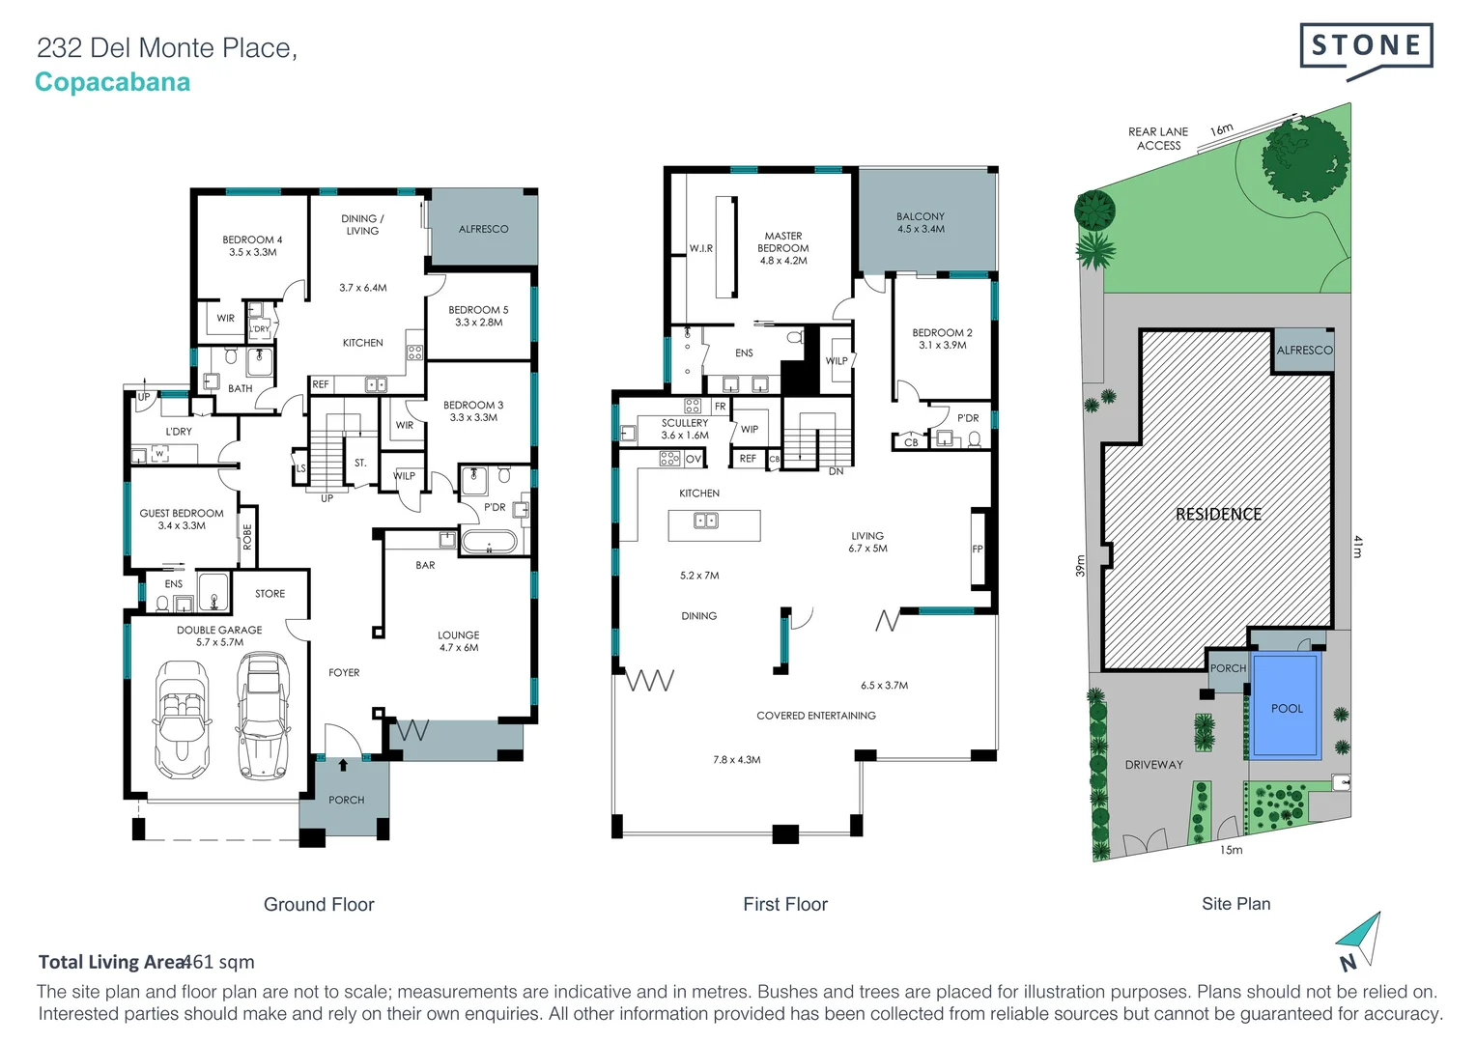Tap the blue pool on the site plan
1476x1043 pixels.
pos(1286,706)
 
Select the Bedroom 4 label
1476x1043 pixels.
pos(252,245)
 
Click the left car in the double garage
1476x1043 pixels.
pos(182,718)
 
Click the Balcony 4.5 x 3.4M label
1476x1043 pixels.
pos(921,223)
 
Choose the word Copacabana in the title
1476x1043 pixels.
pos(113,82)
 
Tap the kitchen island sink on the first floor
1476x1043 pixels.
pos(706,521)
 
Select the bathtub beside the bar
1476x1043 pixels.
pos(489,541)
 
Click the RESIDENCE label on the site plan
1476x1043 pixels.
pos(1218,515)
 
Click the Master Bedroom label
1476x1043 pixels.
pos(782,248)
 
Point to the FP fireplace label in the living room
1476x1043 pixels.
pos(978,550)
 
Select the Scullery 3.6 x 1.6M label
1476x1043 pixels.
pos(684,429)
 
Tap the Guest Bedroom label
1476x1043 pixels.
pos(182,520)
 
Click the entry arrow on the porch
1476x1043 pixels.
pos(343,765)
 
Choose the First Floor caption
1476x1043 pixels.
pos(784,904)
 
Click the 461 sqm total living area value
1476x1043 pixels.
pos(219,962)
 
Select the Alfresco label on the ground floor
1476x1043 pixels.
pos(483,229)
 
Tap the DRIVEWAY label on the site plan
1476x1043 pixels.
pos(1153,765)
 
